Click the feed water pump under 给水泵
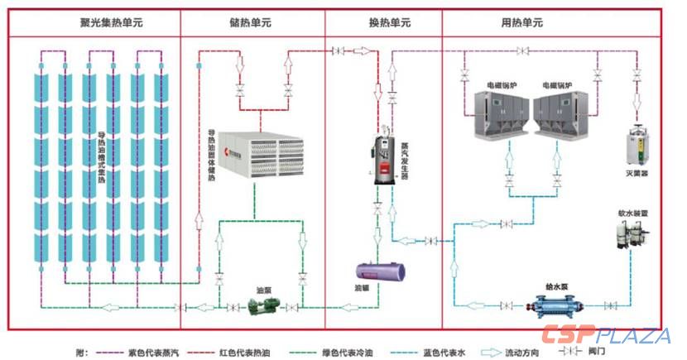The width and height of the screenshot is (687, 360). (553, 305)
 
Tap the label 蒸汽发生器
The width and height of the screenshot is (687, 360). (405, 154)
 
